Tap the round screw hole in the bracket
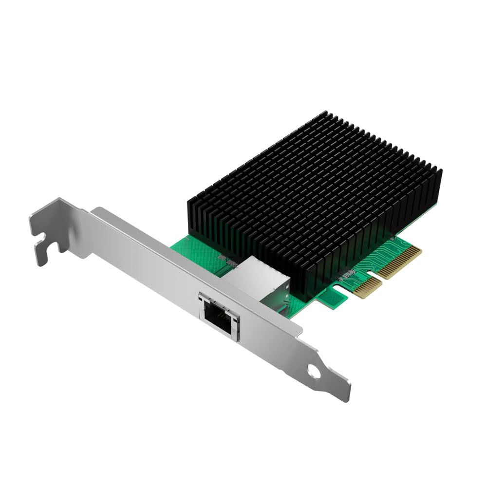[315, 373]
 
